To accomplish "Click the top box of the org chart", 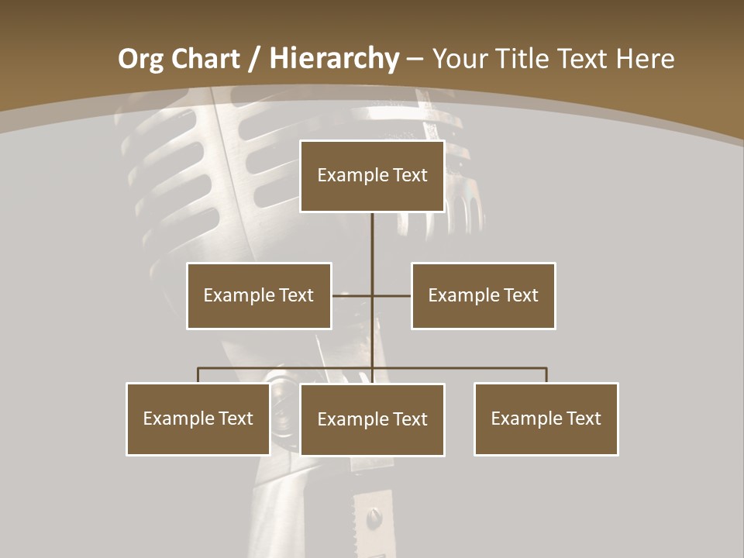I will point(372,176).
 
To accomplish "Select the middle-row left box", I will point(259,295).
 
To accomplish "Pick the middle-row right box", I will point(484,295).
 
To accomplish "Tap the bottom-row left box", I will point(198,418).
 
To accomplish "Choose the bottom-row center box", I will point(372,419).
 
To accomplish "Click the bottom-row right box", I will point(546,418).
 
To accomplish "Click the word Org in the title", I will point(141,59).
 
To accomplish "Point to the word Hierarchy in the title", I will point(334,59).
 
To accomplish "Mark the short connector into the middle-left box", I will point(351,295).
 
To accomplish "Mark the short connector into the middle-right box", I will point(392,295).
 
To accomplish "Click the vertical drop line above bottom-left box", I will point(198,375).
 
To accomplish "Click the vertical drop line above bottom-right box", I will point(546,375).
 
